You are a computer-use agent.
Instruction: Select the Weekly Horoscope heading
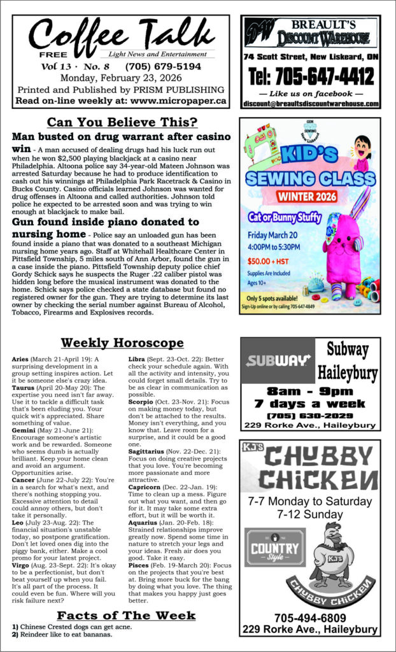[122, 343]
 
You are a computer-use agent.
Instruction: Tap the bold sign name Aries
[20, 359]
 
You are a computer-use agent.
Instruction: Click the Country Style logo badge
[267, 547]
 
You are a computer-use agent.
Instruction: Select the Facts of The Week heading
[126, 616]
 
